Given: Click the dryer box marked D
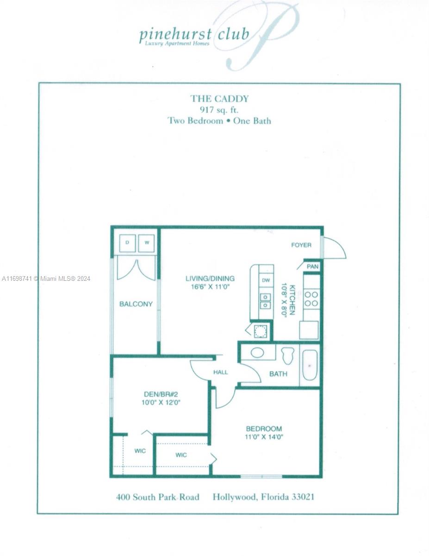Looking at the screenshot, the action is coord(128,243).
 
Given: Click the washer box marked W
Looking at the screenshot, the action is coord(146,243).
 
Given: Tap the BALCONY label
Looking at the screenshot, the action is coord(136,304).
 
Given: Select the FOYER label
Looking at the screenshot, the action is coord(301,245).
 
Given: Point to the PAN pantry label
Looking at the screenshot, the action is coord(312,266).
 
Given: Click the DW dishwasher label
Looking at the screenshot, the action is coord(266,280).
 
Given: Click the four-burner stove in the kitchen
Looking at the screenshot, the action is coord(311,299).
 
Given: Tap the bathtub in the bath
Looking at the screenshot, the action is coord(310,365).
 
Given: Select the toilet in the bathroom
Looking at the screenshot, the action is coord(287,355).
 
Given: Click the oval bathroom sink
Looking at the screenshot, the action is coord(257,353).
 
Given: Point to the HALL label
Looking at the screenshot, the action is coord(220,372).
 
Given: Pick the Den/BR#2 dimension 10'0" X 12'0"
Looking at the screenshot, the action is coord(161,403).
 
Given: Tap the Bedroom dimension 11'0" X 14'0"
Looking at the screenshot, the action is coord(264,437).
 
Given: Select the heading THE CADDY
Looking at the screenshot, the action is coord(219,99).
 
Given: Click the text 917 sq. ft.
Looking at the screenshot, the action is coord(219,110).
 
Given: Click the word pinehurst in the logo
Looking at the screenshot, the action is coord(175,35).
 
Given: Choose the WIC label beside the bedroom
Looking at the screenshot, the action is coord(181,455).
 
